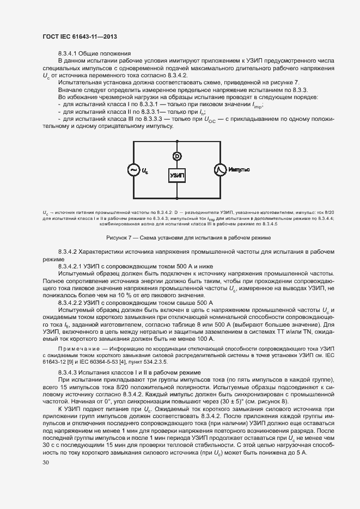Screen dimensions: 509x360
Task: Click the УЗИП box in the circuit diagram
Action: point(177,176)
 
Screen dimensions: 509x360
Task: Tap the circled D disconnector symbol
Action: point(177,156)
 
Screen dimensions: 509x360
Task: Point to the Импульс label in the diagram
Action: point(239,170)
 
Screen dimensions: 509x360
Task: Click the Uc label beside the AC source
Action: point(145,171)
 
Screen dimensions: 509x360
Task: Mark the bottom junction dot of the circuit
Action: point(177,199)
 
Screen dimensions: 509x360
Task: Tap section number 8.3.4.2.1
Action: point(74,266)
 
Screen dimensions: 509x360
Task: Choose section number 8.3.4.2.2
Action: point(74,301)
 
